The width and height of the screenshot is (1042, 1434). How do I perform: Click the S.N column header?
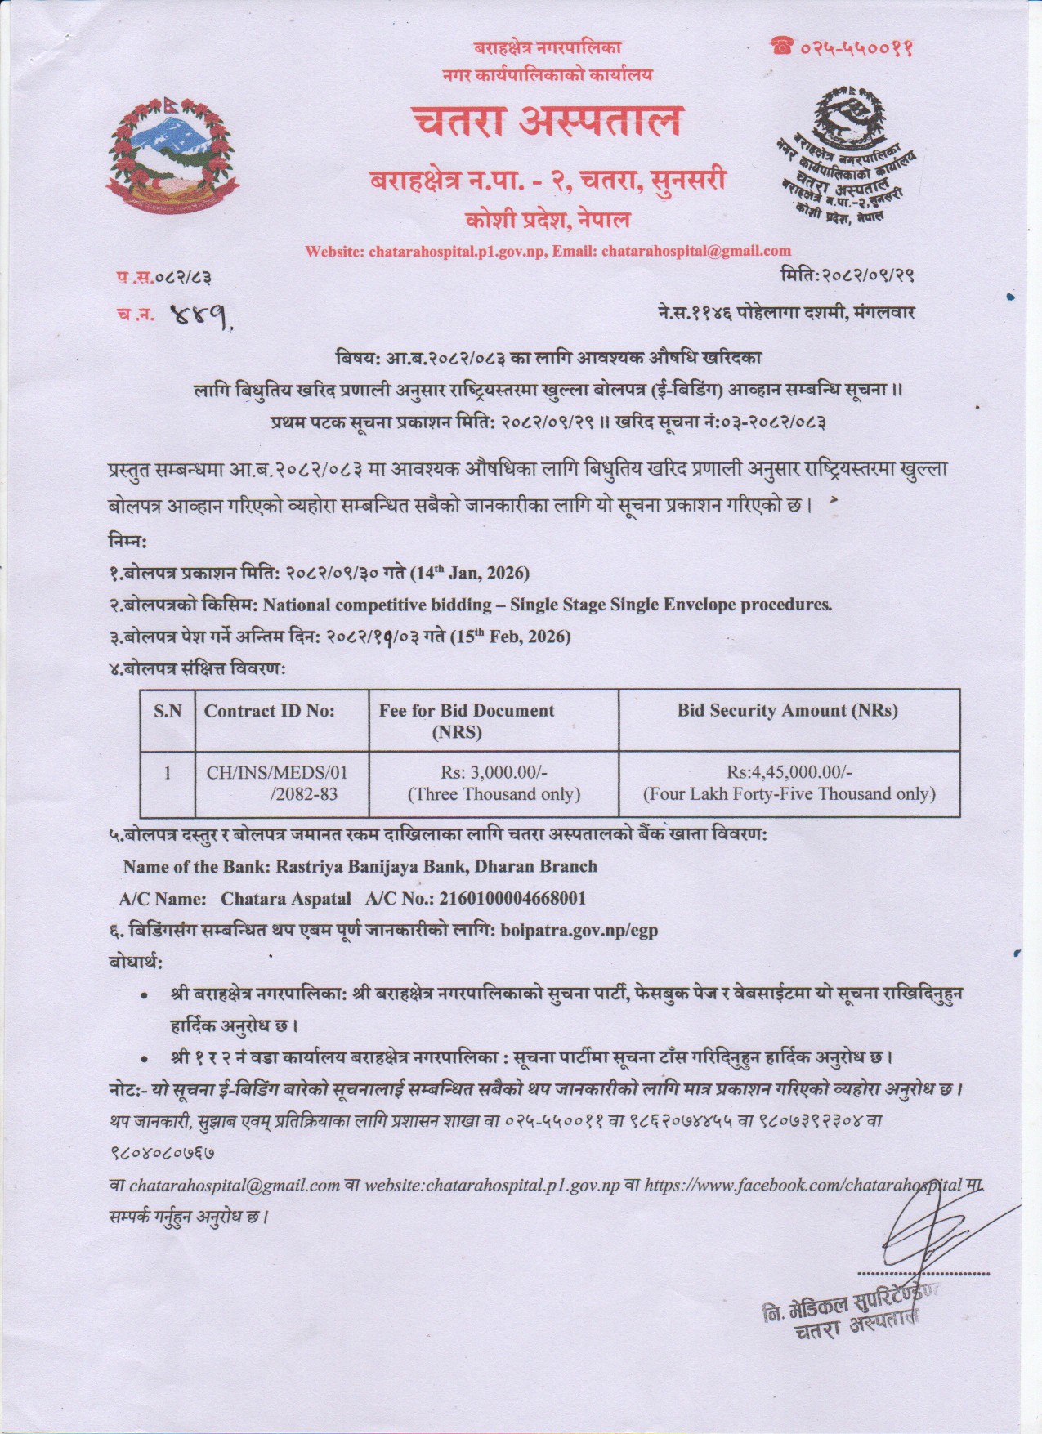coord(168,711)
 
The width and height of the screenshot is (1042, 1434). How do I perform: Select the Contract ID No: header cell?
coord(270,711)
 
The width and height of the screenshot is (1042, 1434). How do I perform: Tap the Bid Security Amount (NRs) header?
coord(787,710)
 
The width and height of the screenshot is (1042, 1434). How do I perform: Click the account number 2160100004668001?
coord(512,898)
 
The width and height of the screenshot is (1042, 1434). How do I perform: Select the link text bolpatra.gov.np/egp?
coord(579,929)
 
